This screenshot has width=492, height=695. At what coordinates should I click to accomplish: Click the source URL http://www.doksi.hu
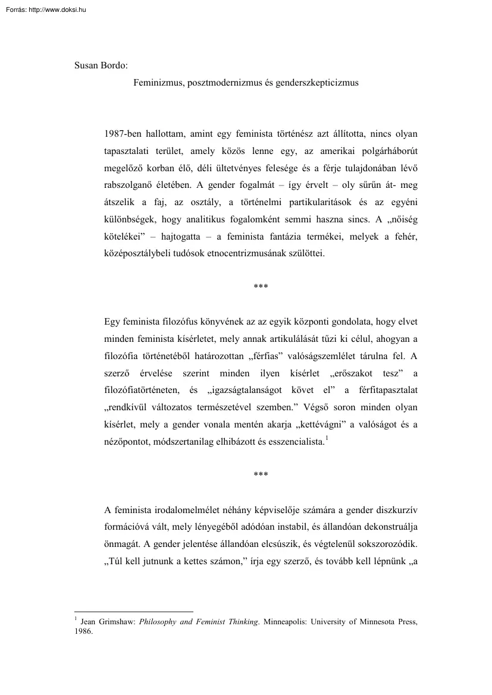[56, 9]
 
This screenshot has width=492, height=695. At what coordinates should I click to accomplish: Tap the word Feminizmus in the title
[158, 83]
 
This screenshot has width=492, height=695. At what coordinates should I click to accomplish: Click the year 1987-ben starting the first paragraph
[123, 134]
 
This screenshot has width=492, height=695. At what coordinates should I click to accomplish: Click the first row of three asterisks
[261, 288]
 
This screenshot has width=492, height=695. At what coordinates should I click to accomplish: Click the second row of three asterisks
[261, 475]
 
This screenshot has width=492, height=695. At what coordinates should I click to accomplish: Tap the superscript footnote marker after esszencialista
[327, 438]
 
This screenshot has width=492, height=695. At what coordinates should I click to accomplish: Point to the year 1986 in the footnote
[83, 632]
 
